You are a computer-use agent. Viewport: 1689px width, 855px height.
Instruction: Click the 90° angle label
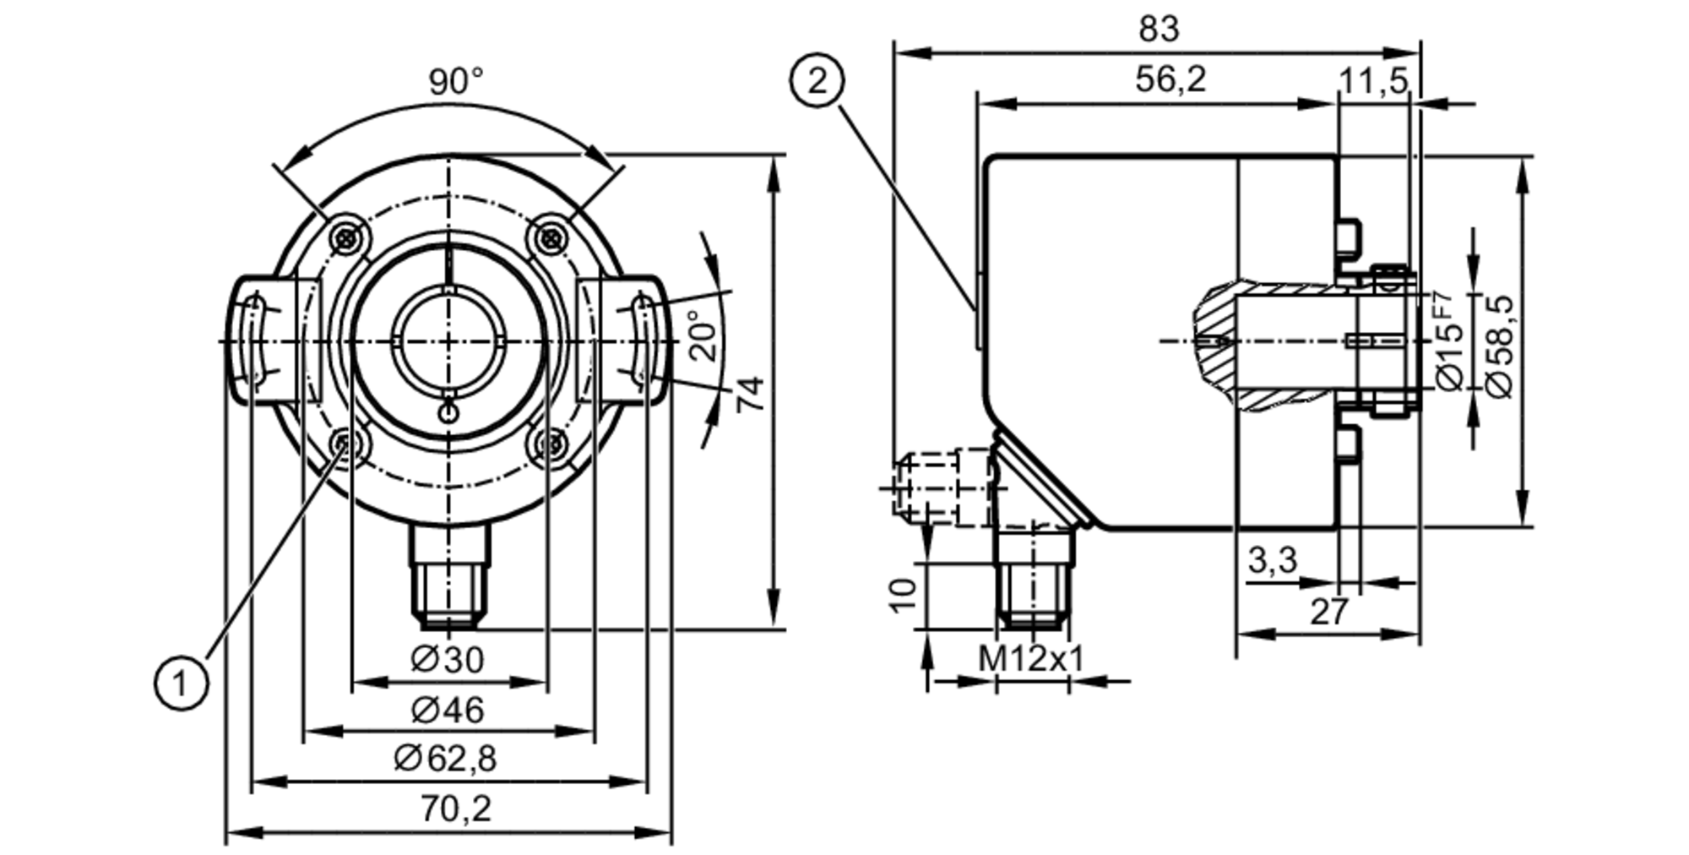[x=455, y=82]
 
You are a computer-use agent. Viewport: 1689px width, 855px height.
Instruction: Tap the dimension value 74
[x=751, y=394]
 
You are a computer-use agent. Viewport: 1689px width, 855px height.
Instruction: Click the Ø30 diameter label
[x=448, y=660]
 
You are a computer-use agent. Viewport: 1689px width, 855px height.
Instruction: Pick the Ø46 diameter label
[x=448, y=710]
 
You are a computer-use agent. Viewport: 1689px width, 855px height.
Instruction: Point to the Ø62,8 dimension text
[x=446, y=759]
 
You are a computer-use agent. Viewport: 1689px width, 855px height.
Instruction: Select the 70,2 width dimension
[x=455, y=809]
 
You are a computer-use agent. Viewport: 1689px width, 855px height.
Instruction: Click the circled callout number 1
[x=181, y=683]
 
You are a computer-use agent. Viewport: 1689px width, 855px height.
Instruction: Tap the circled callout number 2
[x=817, y=81]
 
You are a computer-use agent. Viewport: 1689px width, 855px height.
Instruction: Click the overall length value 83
[x=1158, y=29]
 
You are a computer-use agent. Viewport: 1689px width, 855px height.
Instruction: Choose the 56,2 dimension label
[x=1170, y=79]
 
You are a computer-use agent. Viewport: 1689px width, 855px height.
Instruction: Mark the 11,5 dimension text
[x=1374, y=81]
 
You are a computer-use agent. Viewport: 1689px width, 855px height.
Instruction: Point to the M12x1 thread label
[x=1030, y=659]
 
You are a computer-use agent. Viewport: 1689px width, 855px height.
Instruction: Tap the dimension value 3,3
[x=1272, y=559]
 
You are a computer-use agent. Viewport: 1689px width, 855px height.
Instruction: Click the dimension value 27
[x=1328, y=611]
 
